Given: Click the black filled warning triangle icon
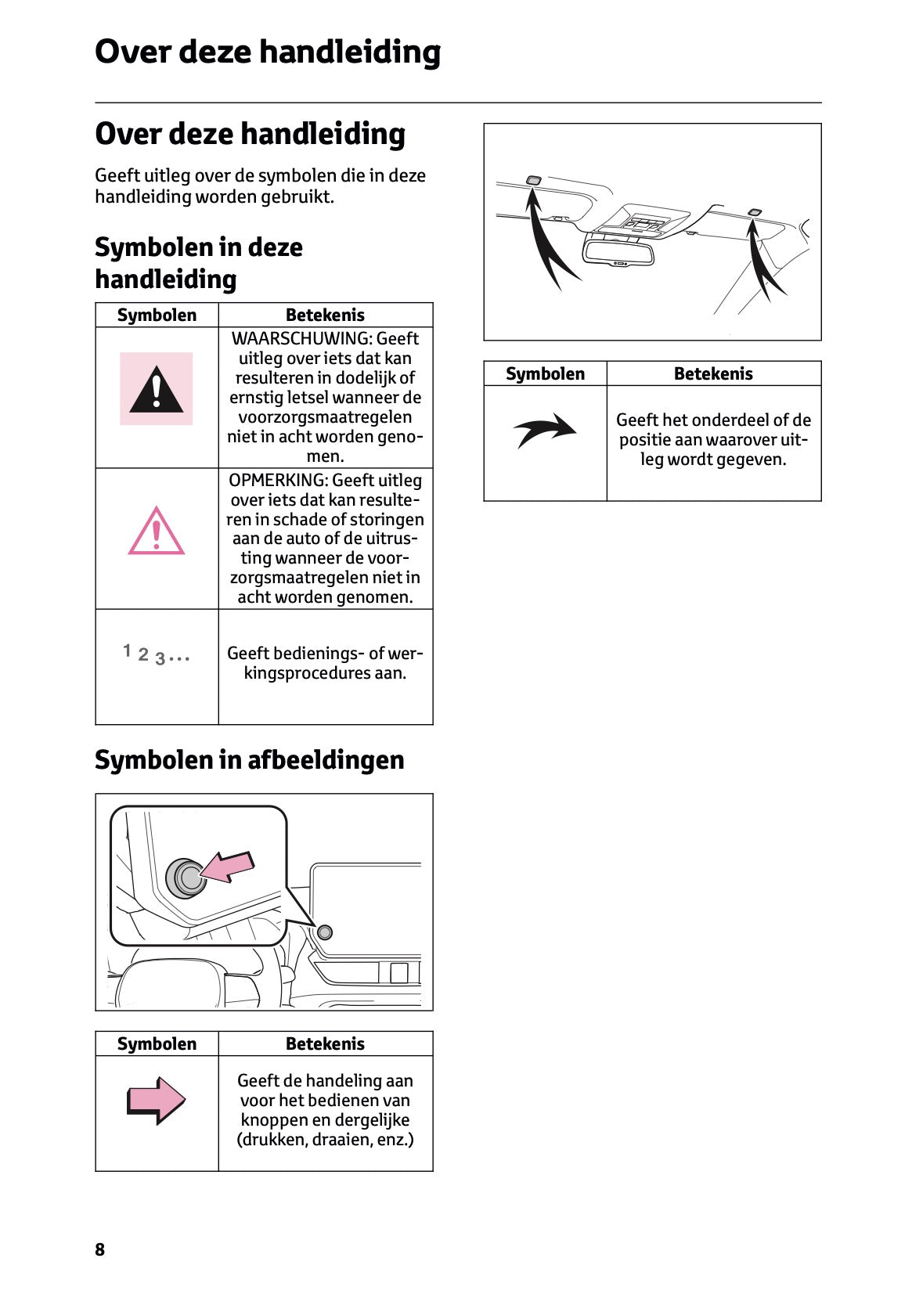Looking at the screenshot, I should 156,389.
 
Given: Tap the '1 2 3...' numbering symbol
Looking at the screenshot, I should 156,654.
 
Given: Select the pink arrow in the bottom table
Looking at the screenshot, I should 156,1100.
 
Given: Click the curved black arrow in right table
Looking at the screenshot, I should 545,429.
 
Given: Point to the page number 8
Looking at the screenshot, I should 99,1249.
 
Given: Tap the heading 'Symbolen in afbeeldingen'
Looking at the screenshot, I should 249,759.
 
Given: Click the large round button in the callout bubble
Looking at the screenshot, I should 186,878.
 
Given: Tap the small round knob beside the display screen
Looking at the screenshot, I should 325,932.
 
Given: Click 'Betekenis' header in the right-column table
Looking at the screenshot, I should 713,373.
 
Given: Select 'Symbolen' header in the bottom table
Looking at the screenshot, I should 157,1043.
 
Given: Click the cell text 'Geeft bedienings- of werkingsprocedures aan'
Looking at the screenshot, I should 325,663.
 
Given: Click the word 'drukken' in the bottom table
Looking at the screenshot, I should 272,1140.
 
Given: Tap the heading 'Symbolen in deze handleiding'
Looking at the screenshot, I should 198,263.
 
